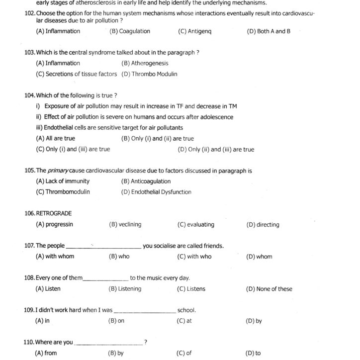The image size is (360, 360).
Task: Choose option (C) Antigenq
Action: [194, 31]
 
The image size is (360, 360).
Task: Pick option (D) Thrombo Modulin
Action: [149, 74]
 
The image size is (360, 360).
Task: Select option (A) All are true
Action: [55, 139]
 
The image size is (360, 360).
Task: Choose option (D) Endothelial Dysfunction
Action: [156, 192]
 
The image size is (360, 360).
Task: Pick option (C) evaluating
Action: [196, 225]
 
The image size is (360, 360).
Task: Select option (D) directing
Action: [263, 225]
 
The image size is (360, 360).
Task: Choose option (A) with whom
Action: [55, 257]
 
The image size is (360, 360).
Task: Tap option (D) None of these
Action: [269, 289]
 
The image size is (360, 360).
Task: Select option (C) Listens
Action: [191, 289]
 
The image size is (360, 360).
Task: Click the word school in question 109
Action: [186, 310]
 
